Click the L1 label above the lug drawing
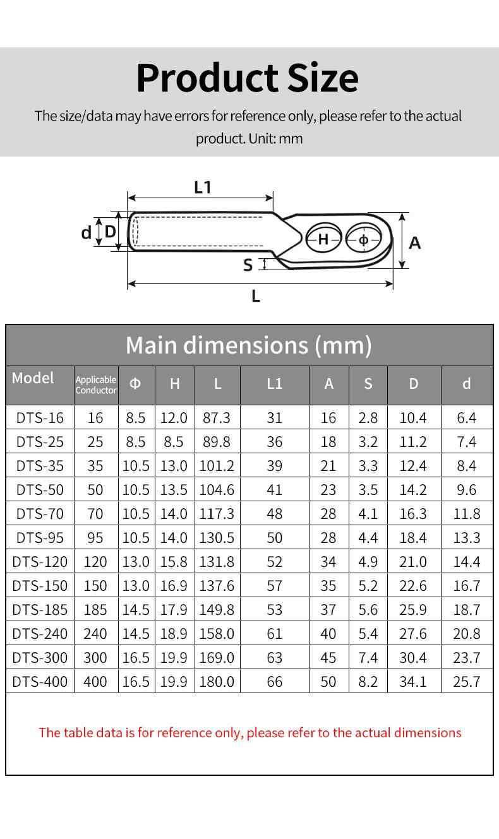coord(203,187)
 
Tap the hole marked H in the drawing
coord(323,239)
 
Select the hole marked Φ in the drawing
coord(363,239)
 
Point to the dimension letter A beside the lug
coord(415,243)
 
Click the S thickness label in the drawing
coord(248,265)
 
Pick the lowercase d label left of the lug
coord(86,233)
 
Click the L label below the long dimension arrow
coord(256,296)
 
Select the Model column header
coord(33,378)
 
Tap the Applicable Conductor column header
coord(96,384)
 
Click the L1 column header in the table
coord(274,384)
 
